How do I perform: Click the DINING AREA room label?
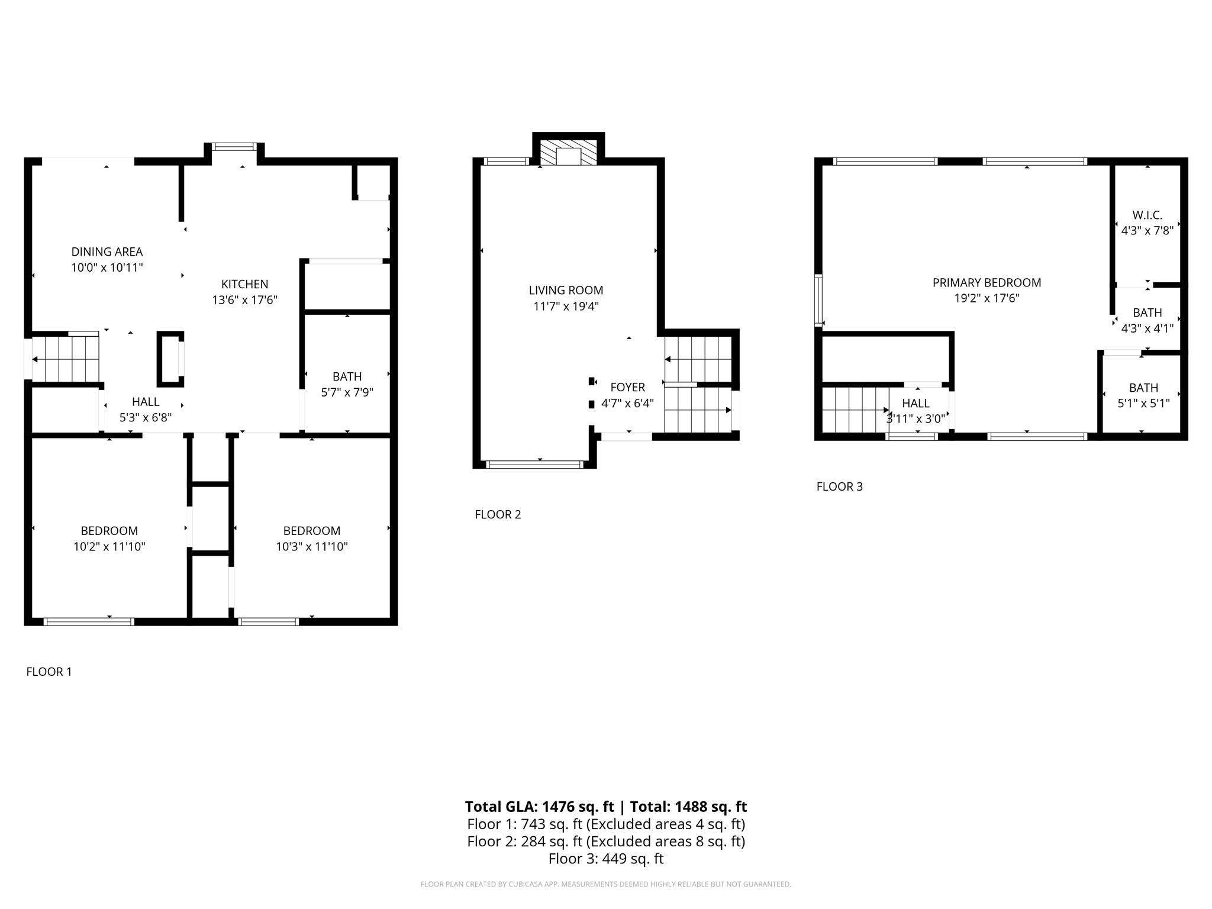click(107, 252)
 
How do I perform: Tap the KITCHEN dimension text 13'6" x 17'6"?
click(245, 300)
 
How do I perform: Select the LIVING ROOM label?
click(566, 291)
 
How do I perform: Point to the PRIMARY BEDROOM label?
click(987, 283)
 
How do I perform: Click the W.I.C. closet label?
click(1147, 215)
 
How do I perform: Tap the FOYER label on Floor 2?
click(628, 388)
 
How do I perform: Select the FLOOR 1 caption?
click(49, 672)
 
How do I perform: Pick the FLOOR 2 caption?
click(498, 514)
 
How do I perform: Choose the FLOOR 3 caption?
click(840, 486)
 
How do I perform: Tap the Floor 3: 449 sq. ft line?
click(606, 859)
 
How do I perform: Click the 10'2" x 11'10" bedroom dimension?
click(109, 547)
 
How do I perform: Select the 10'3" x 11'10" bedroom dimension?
click(312, 547)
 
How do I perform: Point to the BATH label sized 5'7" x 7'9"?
click(347, 376)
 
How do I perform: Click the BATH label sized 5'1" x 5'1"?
click(1143, 388)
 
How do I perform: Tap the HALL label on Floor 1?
click(146, 402)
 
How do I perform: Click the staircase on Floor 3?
click(856, 410)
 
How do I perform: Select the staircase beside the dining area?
click(65, 359)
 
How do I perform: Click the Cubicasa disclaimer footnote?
click(606, 884)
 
